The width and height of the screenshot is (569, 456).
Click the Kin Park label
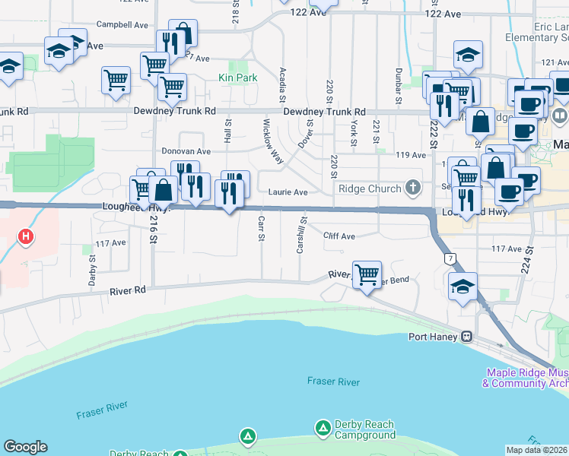pyautogui.click(x=237, y=78)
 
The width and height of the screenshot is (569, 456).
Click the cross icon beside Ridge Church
pyautogui.click(x=413, y=187)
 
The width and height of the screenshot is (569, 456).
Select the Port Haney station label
pyautogui.click(x=434, y=337)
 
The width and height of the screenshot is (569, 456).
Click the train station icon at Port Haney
pyautogui.click(x=467, y=337)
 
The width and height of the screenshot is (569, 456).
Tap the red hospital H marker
pyautogui.click(x=26, y=237)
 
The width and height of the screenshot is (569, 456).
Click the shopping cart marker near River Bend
pyautogui.click(x=367, y=274)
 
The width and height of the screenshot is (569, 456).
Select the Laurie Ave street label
pyautogui.click(x=288, y=193)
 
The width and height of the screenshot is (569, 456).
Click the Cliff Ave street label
pyautogui.click(x=338, y=236)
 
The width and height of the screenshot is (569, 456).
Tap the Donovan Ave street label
pyautogui.click(x=186, y=151)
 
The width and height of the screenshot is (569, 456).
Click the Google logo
pyautogui.click(x=25, y=447)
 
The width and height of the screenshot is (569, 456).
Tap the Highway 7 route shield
pyautogui.click(x=450, y=260)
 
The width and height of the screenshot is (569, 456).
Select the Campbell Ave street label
pyautogui.click(x=122, y=25)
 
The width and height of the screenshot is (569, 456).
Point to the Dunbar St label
pyautogui.click(x=398, y=85)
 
